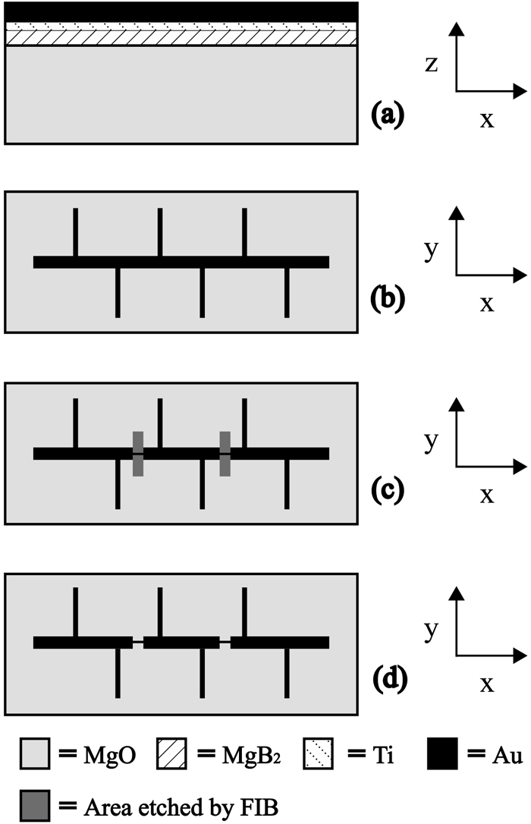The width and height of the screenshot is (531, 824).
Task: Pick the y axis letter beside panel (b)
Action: [x=432, y=251]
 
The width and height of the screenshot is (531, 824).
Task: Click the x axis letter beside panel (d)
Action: [x=486, y=684]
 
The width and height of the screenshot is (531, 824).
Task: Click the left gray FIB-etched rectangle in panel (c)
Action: [x=137, y=454]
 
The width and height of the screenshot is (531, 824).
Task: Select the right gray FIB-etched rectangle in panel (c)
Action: [x=225, y=454]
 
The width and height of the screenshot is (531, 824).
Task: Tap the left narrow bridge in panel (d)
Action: [x=137, y=643]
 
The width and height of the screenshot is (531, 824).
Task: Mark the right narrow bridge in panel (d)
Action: [x=225, y=643]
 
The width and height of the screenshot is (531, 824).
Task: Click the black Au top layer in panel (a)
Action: [x=181, y=12]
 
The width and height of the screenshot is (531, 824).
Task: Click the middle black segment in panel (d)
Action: [x=181, y=643]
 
